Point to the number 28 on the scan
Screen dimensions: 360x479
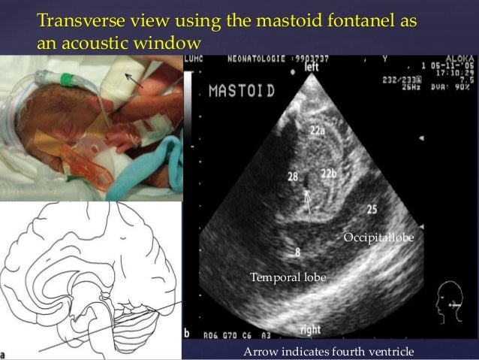pos(293,177)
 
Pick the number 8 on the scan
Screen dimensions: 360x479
pos(298,251)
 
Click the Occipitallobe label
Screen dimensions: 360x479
pos(378,237)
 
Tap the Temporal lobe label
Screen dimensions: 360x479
pos(287,278)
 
